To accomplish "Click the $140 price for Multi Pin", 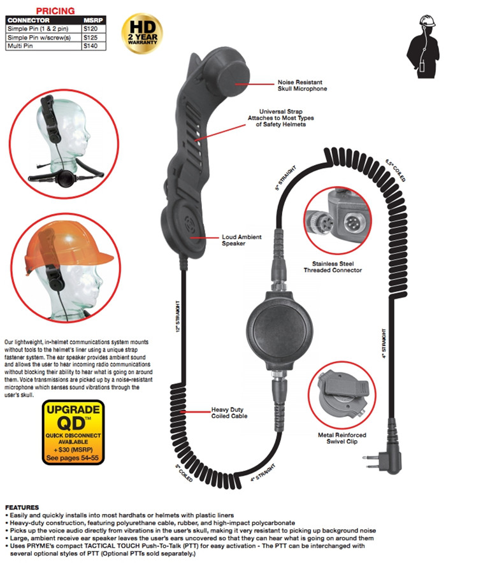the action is (x=90, y=46).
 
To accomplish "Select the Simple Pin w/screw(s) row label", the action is (x=39, y=38).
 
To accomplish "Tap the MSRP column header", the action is (x=93, y=20).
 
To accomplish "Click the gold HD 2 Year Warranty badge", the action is (x=142, y=34).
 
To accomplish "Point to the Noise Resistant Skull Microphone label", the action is (x=302, y=85).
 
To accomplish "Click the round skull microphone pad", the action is (x=233, y=78).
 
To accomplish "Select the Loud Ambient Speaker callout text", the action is (x=242, y=240).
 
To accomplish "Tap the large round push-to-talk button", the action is (x=279, y=330).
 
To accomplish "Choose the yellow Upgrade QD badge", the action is (x=73, y=432).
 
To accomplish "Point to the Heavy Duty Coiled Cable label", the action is (x=229, y=413).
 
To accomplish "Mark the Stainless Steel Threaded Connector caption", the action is (x=333, y=267).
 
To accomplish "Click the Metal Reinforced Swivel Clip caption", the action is (x=342, y=438).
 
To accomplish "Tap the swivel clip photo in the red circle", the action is (x=342, y=395).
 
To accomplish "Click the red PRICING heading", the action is (x=55, y=11).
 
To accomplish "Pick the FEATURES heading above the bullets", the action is (x=22, y=508).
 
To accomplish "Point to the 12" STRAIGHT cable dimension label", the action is (x=178, y=316).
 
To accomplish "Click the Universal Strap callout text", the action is (x=281, y=118).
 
